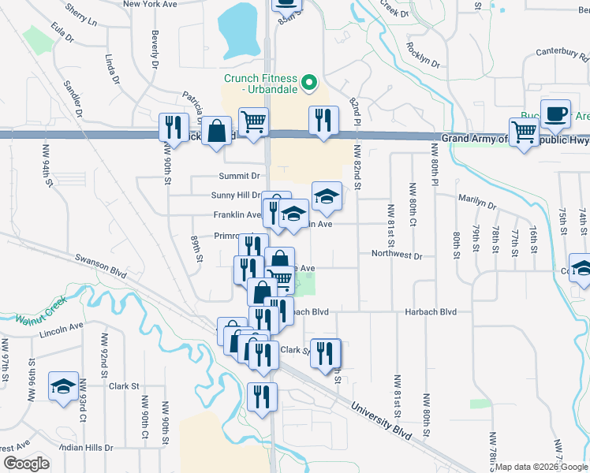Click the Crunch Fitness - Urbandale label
click(260, 84)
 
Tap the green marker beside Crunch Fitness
click(310, 80)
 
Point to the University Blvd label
click(382, 418)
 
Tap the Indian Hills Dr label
click(85, 447)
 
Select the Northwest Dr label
click(397, 255)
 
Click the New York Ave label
click(151, 4)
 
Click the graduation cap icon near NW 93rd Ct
click(62, 387)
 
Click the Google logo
click(26, 464)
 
